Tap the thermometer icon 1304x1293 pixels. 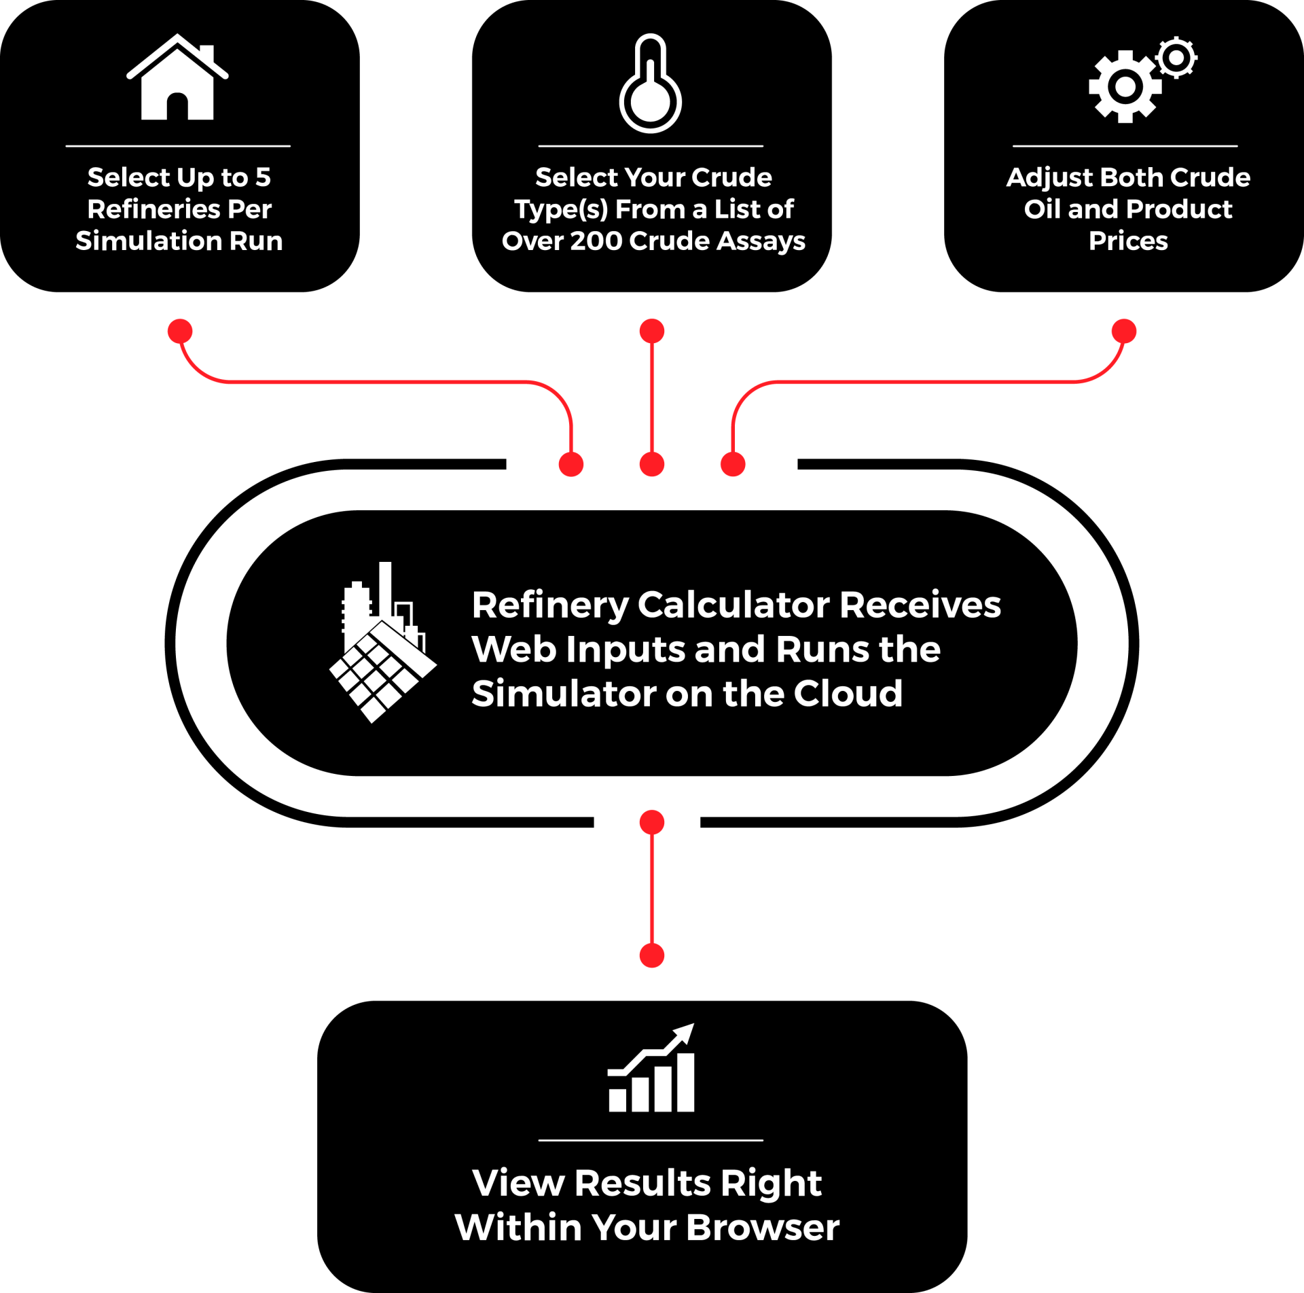(x=651, y=85)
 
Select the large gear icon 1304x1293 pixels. (x=1125, y=87)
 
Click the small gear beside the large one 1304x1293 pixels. (x=1176, y=58)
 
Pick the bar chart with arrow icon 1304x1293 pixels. (x=651, y=1069)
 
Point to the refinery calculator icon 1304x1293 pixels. (x=383, y=642)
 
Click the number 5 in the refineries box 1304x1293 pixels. (x=263, y=178)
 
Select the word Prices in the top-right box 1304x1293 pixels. (x=1128, y=241)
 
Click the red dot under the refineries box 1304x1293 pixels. (x=180, y=332)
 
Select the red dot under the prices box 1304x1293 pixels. (x=1124, y=332)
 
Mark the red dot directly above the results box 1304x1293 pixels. (x=652, y=955)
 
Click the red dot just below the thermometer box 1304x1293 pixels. (x=652, y=332)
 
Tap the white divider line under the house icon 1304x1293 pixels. (x=178, y=146)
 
